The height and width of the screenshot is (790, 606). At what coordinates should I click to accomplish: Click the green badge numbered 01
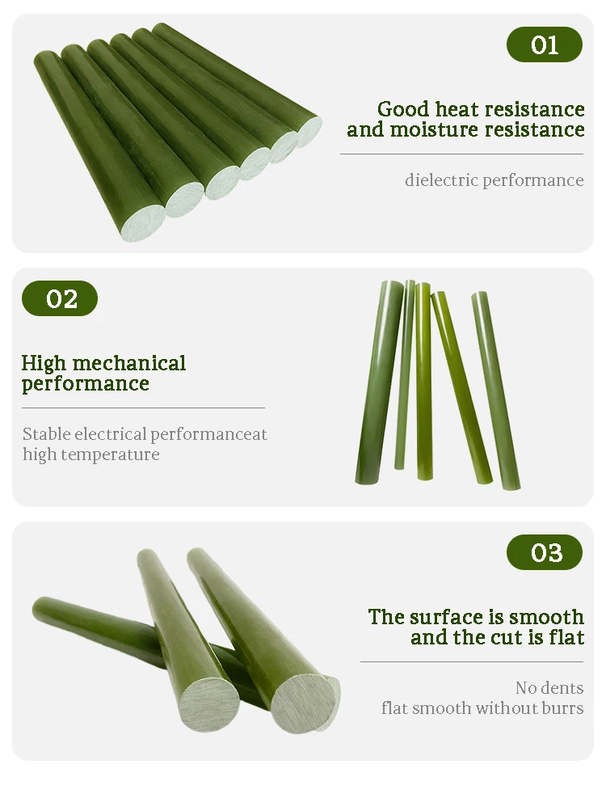click(x=544, y=44)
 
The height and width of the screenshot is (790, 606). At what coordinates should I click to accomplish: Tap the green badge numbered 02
click(x=60, y=298)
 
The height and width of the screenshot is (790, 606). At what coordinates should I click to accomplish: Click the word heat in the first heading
click(x=457, y=109)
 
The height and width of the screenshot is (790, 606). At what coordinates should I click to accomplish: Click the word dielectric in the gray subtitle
click(x=441, y=180)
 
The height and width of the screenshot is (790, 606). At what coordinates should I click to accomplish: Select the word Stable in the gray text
click(x=46, y=434)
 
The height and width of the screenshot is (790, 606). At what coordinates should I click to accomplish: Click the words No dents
click(x=549, y=688)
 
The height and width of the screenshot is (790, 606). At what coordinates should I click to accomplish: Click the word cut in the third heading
click(x=499, y=637)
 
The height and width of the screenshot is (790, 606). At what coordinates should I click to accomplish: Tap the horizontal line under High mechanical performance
click(x=143, y=408)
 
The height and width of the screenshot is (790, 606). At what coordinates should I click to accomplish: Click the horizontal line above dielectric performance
click(x=461, y=154)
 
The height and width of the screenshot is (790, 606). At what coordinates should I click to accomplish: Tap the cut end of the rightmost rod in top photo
click(x=309, y=129)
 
